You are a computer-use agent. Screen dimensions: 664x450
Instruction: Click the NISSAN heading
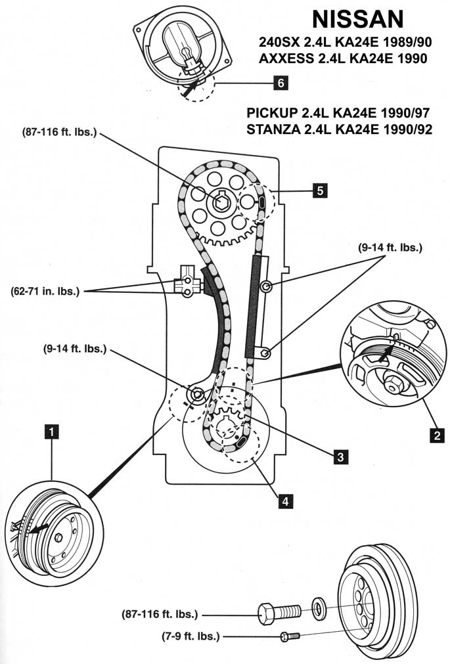point(359,20)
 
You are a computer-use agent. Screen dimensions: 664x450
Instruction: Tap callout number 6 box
point(280,83)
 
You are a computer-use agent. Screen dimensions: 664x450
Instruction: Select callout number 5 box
point(320,190)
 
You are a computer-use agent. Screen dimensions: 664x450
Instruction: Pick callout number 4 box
point(284,500)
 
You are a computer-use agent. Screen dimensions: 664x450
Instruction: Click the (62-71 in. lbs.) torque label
point(45,290)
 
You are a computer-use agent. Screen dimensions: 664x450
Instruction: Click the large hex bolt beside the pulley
point(279,611)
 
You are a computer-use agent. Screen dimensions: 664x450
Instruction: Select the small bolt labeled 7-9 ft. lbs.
point(289,636)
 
